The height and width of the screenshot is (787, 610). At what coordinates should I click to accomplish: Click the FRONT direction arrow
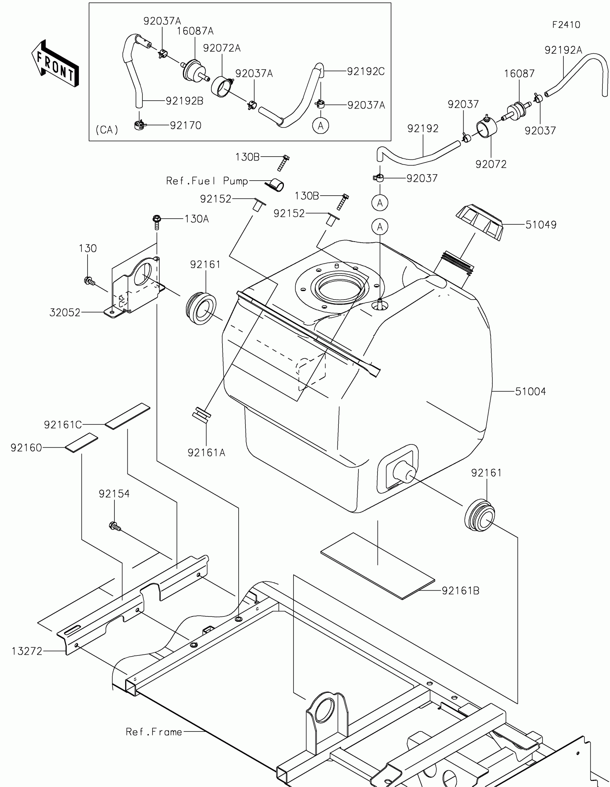55,64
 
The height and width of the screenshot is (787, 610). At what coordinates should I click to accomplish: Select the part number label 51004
530,391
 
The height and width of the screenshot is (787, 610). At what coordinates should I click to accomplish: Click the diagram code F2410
566,25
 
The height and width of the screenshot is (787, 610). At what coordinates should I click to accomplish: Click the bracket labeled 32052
135,288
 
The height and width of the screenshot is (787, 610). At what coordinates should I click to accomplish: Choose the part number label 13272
27,651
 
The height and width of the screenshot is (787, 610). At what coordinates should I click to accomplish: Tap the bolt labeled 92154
114,527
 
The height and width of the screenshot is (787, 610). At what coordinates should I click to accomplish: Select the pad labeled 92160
81,443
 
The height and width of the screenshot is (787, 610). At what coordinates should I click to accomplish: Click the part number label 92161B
460,591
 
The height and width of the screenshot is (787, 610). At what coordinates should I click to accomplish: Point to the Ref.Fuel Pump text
207,181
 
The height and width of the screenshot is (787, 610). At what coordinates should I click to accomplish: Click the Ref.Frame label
154,729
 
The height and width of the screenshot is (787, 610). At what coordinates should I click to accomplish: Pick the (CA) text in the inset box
107,130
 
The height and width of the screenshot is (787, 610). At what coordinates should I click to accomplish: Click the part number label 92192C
366,71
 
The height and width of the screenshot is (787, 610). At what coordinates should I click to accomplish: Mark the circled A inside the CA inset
320,126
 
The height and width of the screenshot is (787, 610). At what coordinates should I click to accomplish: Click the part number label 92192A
563,50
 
